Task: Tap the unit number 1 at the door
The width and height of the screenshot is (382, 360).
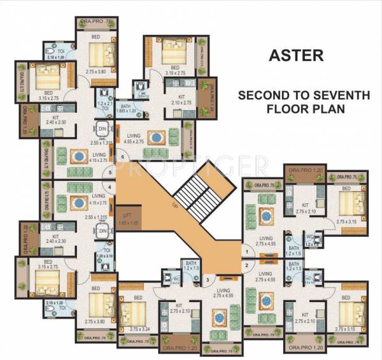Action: pyautogui.click(x=246, y=253)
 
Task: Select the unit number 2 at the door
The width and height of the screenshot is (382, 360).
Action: pyautogui.click(x=246, y=263)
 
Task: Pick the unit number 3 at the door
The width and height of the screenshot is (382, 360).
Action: pyautogui.click(x=206, y=279)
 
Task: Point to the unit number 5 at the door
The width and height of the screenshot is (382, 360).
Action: pyautogui.click(x=111, y=171)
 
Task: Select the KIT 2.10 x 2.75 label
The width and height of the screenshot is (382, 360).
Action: pyautogui.click(x=181, y=99)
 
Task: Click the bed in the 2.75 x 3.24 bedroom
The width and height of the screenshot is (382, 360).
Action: pyautogui.click(x=132, y=311)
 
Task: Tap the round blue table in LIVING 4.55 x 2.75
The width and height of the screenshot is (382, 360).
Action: pyautogui.click(x=155, y=137)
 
